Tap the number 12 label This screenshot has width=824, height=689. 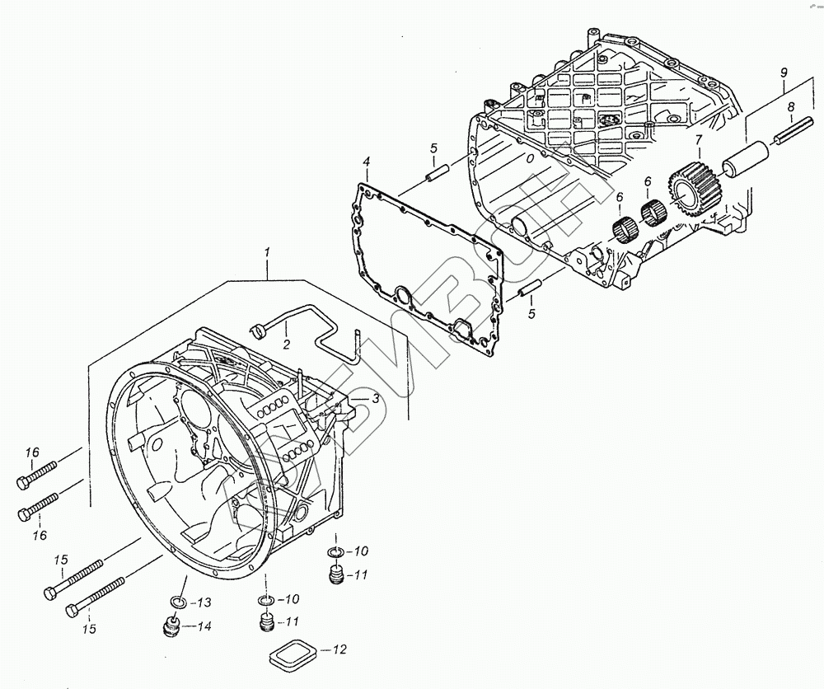pyautogui.click(x=339, y=650)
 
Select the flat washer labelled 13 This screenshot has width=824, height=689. pyautogui.click(x=179, y=601)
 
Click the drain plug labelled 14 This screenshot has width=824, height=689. pyautogui.click(x=173, y=628)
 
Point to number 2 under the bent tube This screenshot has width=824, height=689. pyautogui.click(x=286, y=343)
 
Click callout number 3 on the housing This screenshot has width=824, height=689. pyautogui.click(x=375, y=399)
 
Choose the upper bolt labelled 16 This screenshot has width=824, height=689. pyautogui.click(x=36, y=474)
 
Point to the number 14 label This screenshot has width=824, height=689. pyautogui.click(x=204, y=626)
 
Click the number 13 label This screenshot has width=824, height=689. pyautogui.click(x=204, y=601)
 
